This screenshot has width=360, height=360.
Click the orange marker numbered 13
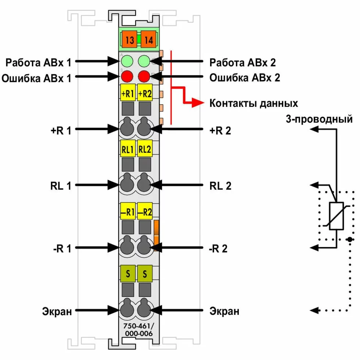(x=129, y=40)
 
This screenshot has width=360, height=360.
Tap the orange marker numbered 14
(x=149, y=40)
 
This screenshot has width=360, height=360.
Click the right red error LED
(x=144, y=77)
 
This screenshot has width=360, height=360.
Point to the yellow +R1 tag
(x=127, y=93)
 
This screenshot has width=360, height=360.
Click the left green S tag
(x=127, y=274)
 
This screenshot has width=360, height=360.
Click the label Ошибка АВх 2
(x=242, y=78)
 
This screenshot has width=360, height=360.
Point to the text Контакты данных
(x=253, y=103)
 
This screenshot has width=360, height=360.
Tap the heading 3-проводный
(x=319, y=119)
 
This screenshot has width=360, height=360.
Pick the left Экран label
(x=56, y=312)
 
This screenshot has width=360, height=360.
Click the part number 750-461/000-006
(x=136, y=330)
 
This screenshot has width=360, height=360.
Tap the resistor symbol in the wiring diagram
(x=336, y=216)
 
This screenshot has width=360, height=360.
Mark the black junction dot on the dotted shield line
(x=350, y=240)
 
